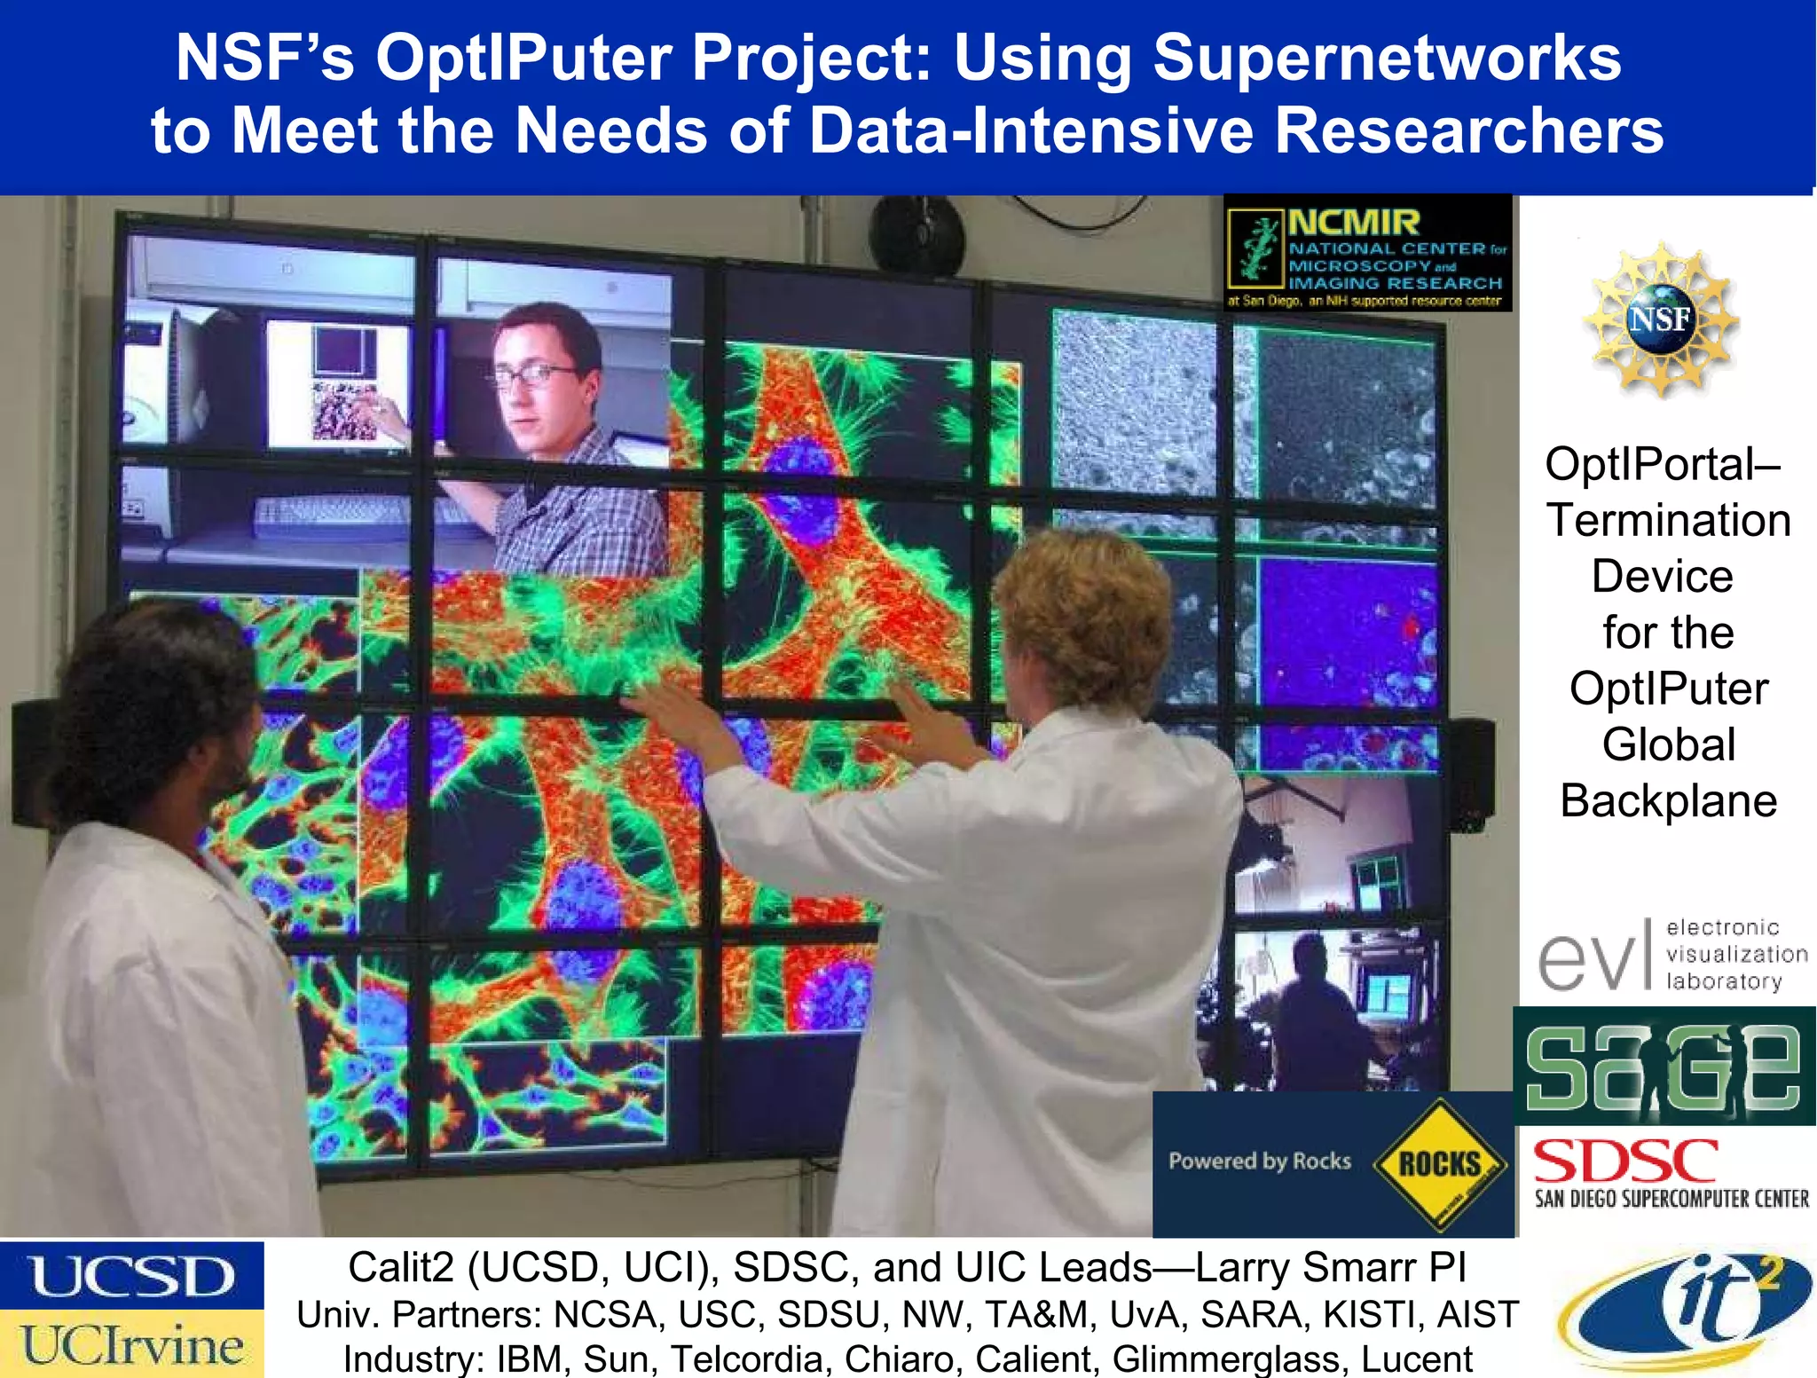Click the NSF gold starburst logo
(1660, 319)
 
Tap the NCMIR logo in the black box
(1366, 253)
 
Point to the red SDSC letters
(1625, 1162)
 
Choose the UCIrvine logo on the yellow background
(131, 1344)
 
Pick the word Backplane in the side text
(1668, 800)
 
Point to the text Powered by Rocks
(1259, 1161)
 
